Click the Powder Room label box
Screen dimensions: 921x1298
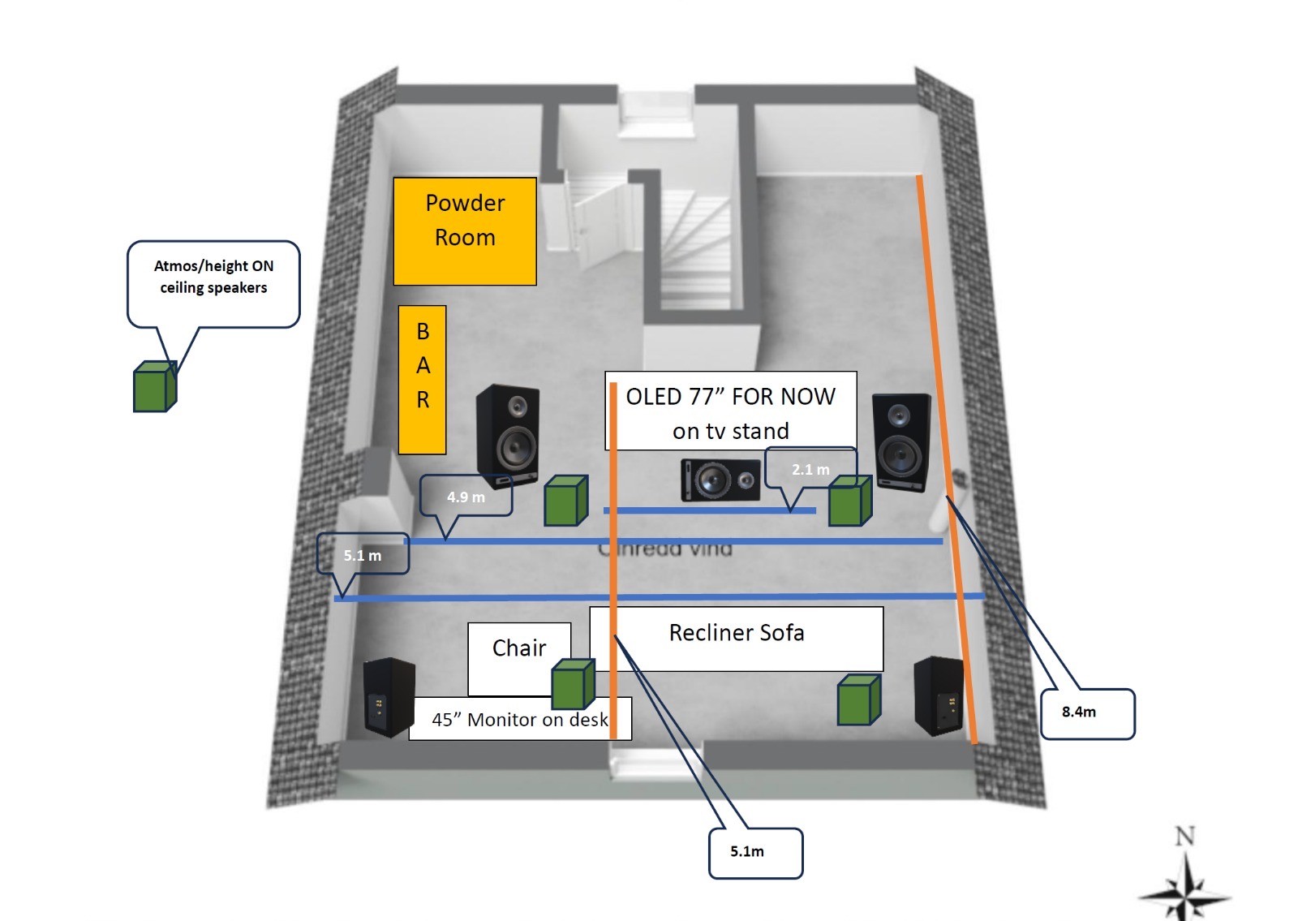tap(465, 231)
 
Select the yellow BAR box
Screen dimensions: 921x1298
tap(422, 380)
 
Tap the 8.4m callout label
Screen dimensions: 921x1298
tap(1087, 713)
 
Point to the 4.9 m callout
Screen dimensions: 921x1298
tap(466, 496)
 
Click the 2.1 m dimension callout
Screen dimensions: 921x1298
tap(810, 469)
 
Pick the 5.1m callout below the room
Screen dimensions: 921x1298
tap(755, 853)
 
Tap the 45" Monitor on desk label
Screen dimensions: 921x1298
tap(519, 720)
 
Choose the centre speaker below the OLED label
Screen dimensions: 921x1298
tap(720, 480)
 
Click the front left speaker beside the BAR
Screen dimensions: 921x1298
tap(508, 436)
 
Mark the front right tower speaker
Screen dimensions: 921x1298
tap(900, 441)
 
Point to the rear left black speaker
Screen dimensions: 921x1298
tap(389, 697)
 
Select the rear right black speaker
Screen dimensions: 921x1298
tap(939, 695)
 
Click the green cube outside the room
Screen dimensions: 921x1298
tap(154, 386)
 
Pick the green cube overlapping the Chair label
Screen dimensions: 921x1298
tap(573, 684)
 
